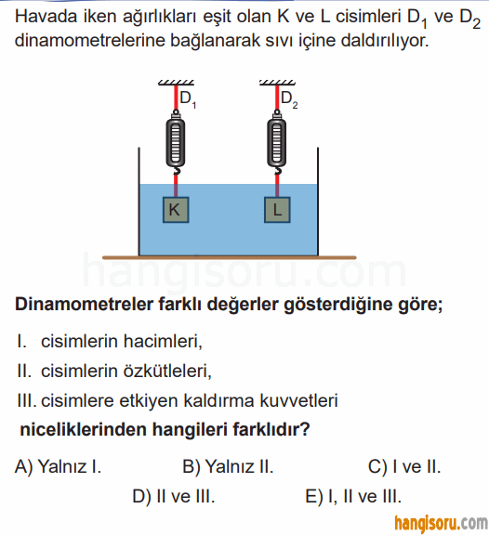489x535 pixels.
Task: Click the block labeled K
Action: point(176,210)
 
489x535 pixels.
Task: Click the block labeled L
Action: point(277,210)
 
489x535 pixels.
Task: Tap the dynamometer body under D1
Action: point(176,141)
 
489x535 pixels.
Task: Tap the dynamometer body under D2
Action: point(277,141)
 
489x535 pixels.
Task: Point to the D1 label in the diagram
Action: point(188,99)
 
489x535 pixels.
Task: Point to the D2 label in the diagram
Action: point(289,99)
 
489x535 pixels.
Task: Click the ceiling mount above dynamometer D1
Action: point(176,83)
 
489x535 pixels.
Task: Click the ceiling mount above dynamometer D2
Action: point(277,83)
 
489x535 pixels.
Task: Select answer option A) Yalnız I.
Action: point(58,466)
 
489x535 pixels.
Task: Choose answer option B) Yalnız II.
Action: point(228,466)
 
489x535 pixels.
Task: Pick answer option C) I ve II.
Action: point(404,466)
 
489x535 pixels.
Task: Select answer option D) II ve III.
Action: point(174,496)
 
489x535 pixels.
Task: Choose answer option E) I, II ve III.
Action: point(353,496)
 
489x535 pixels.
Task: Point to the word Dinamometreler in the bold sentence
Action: point(84,304)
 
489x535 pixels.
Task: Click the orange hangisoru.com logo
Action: point(441,523)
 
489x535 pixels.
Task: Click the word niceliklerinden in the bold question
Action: point(83,429)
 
